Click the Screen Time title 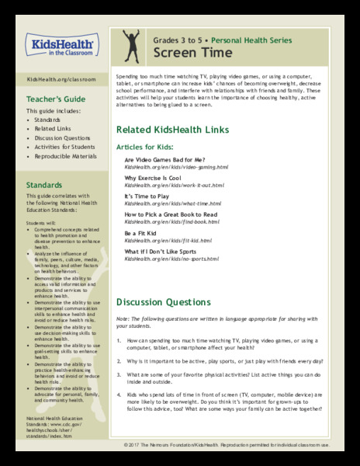pyautogui.click(x=181, y=52)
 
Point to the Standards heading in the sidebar pyautogui.click(x=45, y=186)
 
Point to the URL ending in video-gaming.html pyautogui.click(x=176, y=168)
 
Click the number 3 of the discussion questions pyautogui.click(x=119, y=375)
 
